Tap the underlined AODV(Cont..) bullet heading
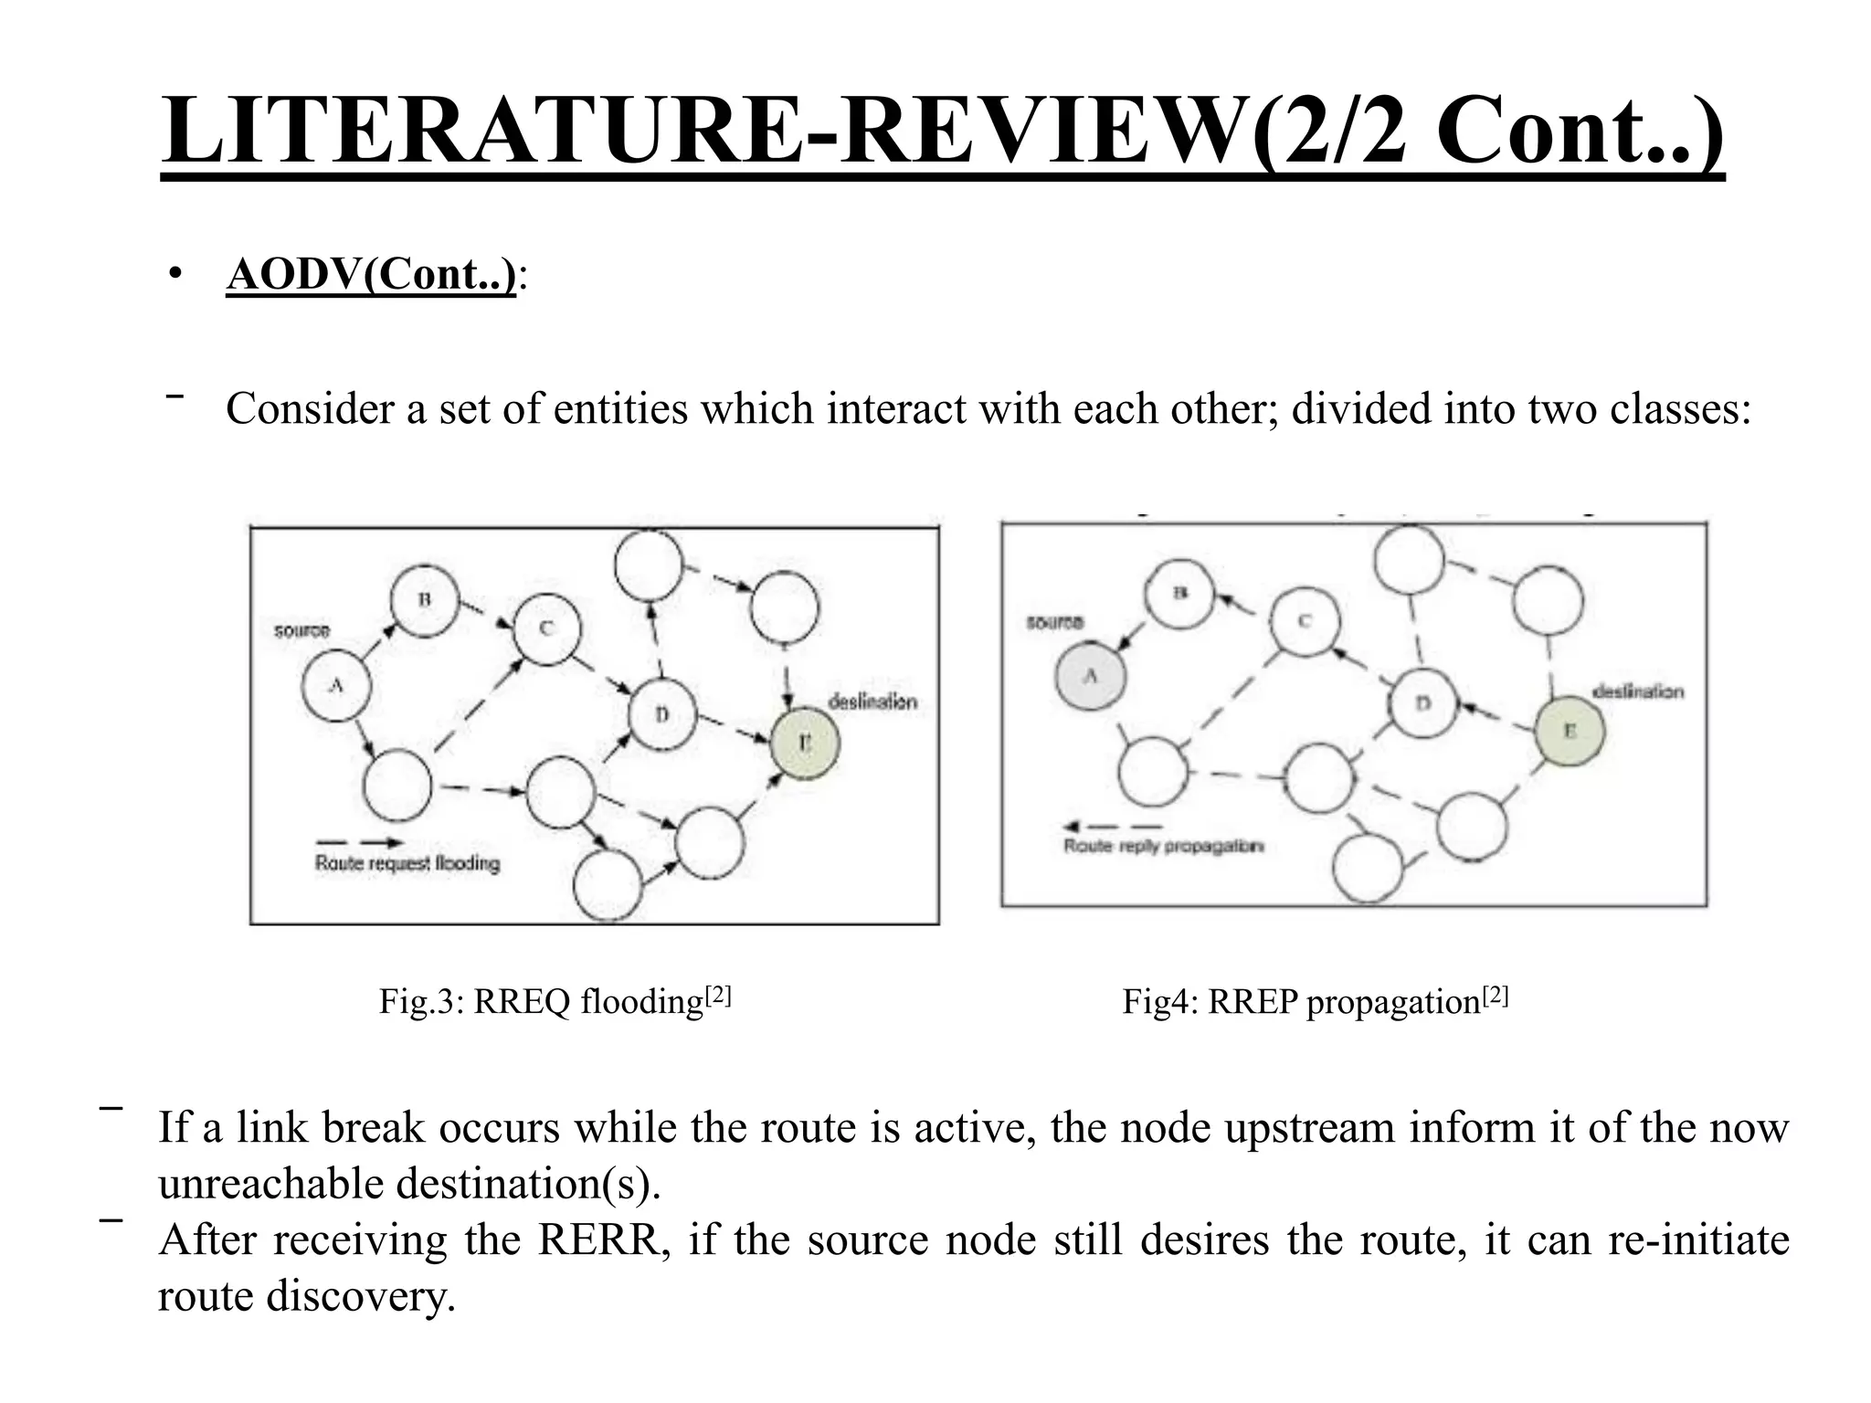pos(371,274)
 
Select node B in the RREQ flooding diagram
pos(424,600)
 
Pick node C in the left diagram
pos(546,628)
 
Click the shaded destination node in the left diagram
pos(805,744)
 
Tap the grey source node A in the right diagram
pos(1090,677)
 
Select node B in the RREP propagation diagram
pos(1179,594)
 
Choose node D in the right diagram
pos(1422,703)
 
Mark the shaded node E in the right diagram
pos(1569,731)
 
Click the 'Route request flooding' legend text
pos(407,863)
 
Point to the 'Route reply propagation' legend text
pos(1164,847)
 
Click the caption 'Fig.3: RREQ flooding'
pos(555,1002)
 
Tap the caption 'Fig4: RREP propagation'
pos(1315,1002)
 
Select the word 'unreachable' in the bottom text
pos(271,1185)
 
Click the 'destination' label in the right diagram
pos(1637,691)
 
